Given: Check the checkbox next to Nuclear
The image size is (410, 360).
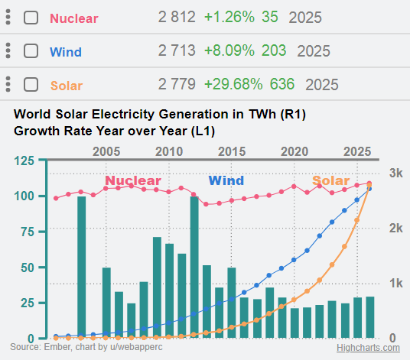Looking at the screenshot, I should click(31, 17).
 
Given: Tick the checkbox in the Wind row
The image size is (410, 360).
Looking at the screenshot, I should click(31, 51).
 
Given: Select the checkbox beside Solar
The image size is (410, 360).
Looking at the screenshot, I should click(31, 84).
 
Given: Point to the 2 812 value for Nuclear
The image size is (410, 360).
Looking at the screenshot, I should click(177, 17).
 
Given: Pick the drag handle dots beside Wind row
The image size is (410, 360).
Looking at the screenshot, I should click(8, 51).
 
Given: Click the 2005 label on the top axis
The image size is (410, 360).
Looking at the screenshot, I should click(106, 151).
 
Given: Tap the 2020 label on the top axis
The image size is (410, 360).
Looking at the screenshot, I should click(294, 151).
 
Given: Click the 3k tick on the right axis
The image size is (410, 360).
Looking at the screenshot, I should click(395, 174).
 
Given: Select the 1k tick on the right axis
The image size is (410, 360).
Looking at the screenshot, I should click(395, 283).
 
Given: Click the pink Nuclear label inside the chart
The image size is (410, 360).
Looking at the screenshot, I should click(133, 181).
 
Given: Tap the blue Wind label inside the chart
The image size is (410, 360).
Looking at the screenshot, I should click(226, 181).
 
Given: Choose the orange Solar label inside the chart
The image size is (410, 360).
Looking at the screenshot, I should click(330, 181).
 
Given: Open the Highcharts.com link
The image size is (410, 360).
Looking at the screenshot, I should click(369, 348).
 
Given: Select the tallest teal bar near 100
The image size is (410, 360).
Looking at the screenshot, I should click(81, 268).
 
